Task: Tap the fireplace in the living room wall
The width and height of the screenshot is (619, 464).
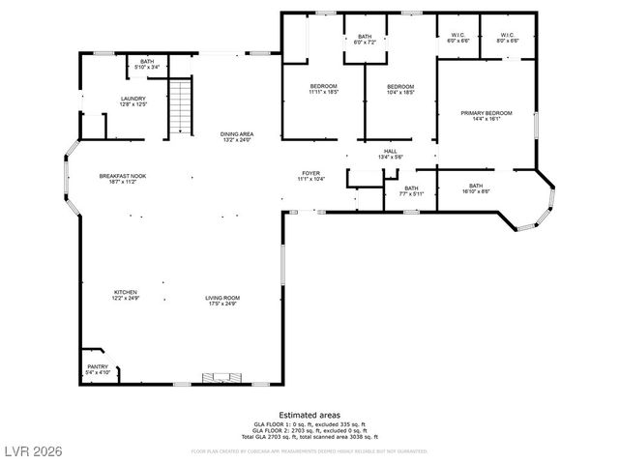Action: [219, 378]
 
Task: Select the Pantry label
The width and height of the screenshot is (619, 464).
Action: [98, 368]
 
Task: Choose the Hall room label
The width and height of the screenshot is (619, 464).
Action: [390, 154]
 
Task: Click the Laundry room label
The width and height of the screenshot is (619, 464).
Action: [133, 101]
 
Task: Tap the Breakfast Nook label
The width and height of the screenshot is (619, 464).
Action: [122, 178]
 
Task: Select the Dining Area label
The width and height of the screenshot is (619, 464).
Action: [236, 137]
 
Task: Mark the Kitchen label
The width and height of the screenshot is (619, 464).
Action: [125, 295]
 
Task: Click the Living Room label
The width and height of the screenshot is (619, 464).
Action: [221, 300]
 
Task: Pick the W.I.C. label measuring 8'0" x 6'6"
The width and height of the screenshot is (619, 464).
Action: [508, 39]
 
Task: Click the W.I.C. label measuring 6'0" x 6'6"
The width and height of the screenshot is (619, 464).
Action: [458, 39]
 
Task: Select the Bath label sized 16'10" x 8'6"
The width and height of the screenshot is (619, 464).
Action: [476, 188]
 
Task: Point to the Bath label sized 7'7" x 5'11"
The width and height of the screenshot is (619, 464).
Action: [412, 190]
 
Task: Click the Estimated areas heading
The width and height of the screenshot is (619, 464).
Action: [309, 414]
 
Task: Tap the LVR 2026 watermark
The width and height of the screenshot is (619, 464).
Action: [31, 450]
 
